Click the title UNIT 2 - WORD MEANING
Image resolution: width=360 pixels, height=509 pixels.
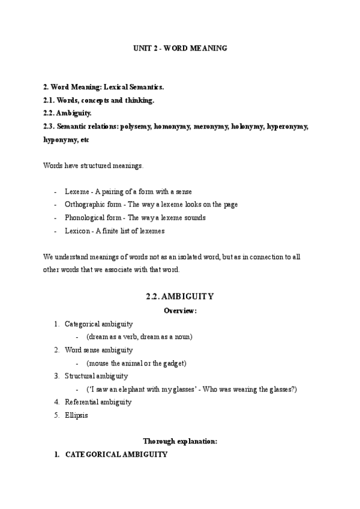tap(179, 48)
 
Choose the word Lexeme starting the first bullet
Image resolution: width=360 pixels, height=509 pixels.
tap(77, 191)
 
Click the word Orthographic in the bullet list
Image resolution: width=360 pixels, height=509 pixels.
tap(85, 205)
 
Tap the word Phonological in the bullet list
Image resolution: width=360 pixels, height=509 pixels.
tap(84, 218)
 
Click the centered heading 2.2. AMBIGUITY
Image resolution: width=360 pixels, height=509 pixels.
tap(180, 297)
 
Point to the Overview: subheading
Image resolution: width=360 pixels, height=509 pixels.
tap(180, 310)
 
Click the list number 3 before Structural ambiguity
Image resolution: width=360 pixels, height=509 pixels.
tap(56, 376)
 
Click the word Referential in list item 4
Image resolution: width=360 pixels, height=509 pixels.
tap(81, 402)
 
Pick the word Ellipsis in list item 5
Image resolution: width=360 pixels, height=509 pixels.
tap(76, 415)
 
